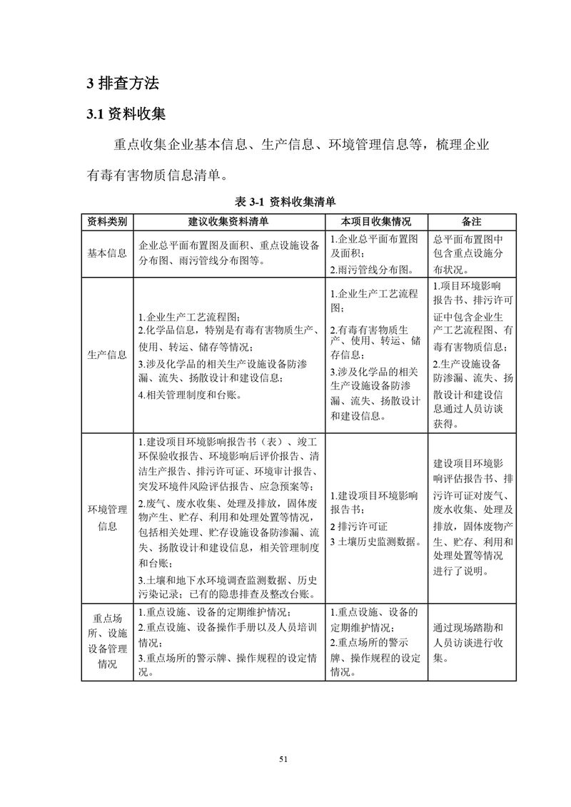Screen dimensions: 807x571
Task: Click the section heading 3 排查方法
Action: pos(123,83)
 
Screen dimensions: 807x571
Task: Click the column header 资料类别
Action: pos(107,221)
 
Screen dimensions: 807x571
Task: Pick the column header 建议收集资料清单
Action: pos(228,221)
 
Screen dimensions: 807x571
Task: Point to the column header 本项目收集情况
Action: pos(376,221)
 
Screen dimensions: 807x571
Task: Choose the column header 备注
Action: pos(472,221)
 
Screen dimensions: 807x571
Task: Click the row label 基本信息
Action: pos(107,253)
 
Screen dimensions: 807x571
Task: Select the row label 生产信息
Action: pos(107,355)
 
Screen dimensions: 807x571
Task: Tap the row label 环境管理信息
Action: pos(107,517)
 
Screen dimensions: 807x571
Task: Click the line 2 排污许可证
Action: pos(359,527)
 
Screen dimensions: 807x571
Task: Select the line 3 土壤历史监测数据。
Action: pos(375,542)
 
